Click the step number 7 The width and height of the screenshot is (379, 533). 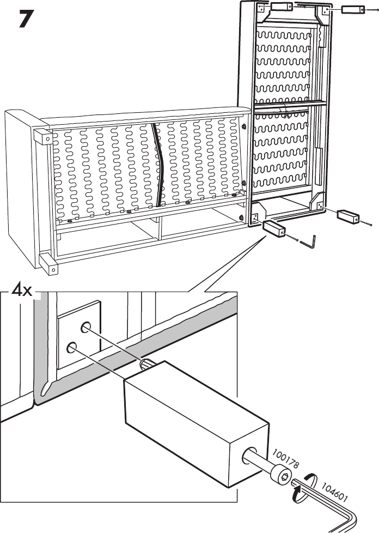pos(21,21)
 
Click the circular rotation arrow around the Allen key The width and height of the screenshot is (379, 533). pos(303,482)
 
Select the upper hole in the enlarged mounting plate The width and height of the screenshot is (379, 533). pos(86,328)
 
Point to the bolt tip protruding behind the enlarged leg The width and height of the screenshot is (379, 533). pos(147,364)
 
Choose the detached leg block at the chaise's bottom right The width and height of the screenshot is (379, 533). pos(349,216)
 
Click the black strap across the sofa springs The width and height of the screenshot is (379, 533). pos(157,163)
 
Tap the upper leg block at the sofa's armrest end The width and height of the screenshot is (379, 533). pos(41,136)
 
